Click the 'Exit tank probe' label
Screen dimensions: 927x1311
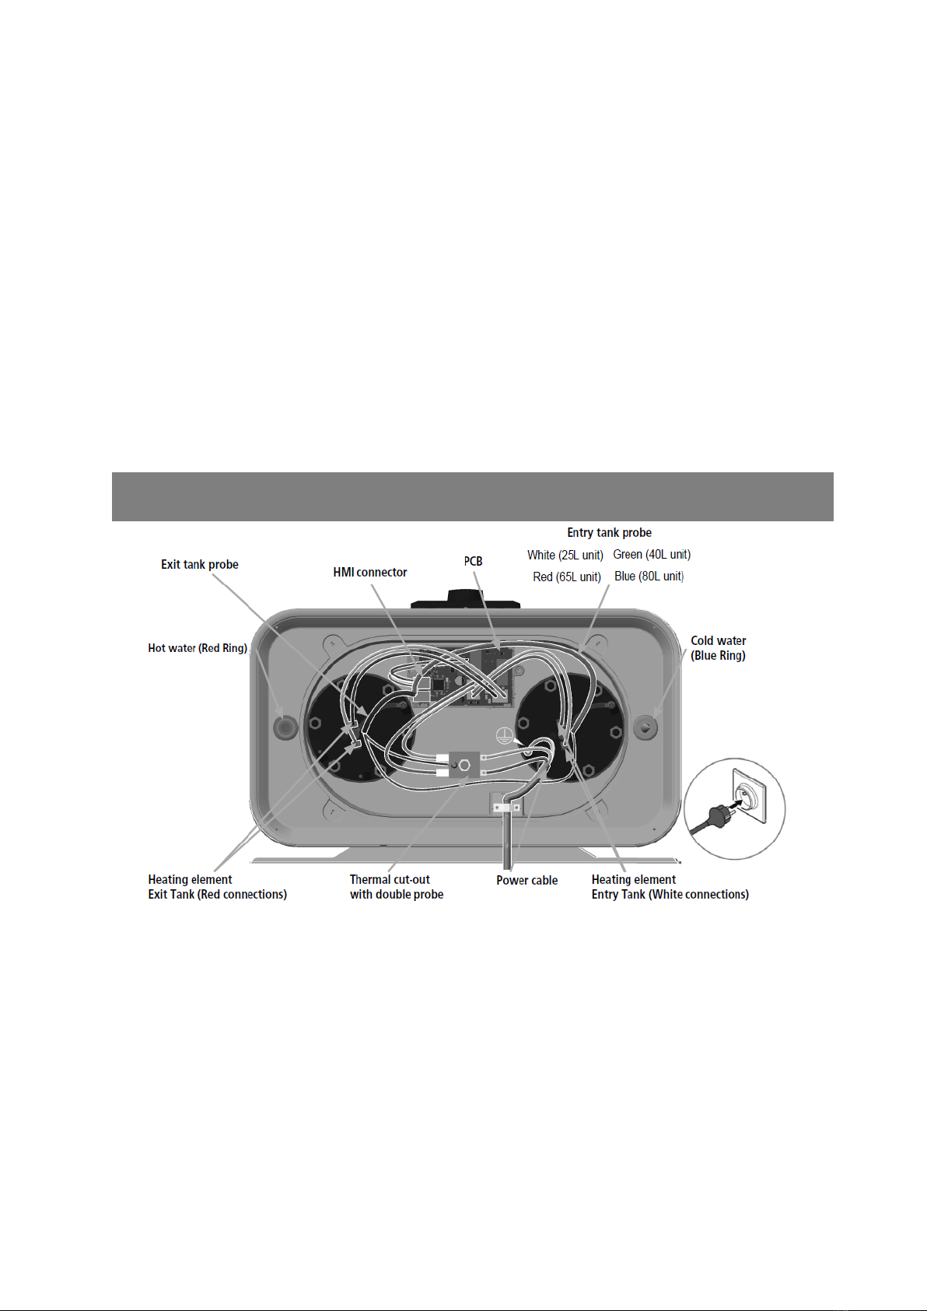(x=199, y=565)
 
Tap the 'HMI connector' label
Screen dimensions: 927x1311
(x=369, y=573)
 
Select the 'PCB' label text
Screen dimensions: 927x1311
(x=473, y=561)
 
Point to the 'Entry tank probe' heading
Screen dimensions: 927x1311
(x=609, y=533)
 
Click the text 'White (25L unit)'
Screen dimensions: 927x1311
(x=565, y=555)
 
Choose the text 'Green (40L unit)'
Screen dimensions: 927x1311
(x=652, y=554)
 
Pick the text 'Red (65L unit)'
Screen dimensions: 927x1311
(x=567, y=577)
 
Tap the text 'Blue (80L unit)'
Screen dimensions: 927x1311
(x=649, y=577)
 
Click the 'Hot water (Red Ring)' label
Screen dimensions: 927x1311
(x=197, y=648)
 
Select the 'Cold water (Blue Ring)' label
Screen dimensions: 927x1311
(x=719, y=648)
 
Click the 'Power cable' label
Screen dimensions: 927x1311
(x=527, y=880)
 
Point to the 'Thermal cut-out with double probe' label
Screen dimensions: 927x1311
(x=397, y=887)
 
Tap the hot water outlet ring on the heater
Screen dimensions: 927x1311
(x=285, y=727)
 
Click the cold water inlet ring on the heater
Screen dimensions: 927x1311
(x=645, y=727)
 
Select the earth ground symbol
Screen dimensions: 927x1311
(x=503, y=736)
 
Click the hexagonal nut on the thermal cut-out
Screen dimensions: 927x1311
(x=464, y=765)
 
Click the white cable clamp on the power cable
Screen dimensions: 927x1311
(x=506, y=808)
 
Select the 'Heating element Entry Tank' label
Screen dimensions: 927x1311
(x=670, y=887)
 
